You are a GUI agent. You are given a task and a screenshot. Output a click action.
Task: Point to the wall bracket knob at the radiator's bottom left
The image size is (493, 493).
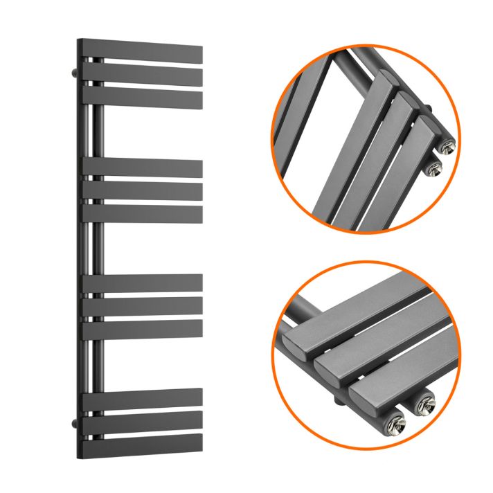[72, 420]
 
